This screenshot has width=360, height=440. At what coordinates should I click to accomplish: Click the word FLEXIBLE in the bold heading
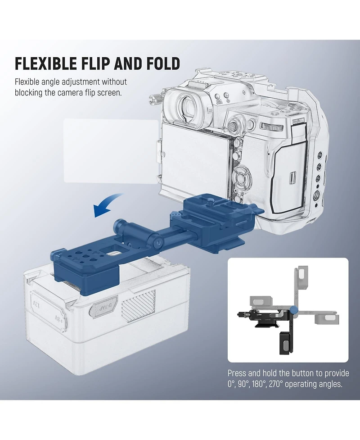point(46,63)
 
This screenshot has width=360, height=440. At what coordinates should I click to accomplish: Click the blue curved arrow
point(108,205)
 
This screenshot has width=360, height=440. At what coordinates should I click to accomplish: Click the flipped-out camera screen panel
point(111,151)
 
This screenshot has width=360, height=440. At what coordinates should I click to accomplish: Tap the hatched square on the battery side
point(139,306)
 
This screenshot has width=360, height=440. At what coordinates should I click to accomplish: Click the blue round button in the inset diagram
point(294,310)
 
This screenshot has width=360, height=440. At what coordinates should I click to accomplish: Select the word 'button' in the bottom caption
point(303,373)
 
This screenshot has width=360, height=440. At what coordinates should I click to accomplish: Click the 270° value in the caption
point(276,384)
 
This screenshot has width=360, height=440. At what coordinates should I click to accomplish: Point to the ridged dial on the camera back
point(271,127)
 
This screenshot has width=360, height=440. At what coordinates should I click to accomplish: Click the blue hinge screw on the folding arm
point(159,241)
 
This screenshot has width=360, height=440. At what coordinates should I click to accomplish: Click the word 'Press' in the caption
point(237,373)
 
